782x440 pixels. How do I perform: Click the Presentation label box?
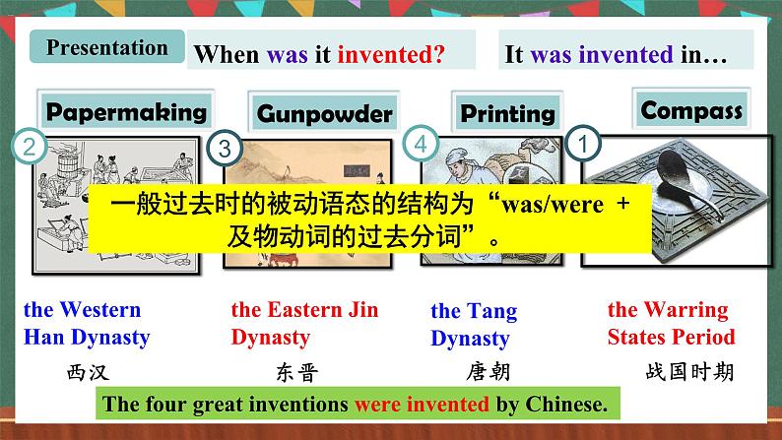(107, 47)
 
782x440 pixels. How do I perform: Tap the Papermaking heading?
(127, 110)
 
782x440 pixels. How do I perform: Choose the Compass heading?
(691, 109)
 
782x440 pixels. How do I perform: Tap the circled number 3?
(225, 149)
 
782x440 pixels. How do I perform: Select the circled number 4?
(422, 143)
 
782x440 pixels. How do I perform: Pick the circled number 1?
(587, 144)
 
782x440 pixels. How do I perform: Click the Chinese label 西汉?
(87, 372)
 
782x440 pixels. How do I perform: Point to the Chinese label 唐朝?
(487, 372)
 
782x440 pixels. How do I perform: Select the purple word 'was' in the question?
(288, 56)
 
